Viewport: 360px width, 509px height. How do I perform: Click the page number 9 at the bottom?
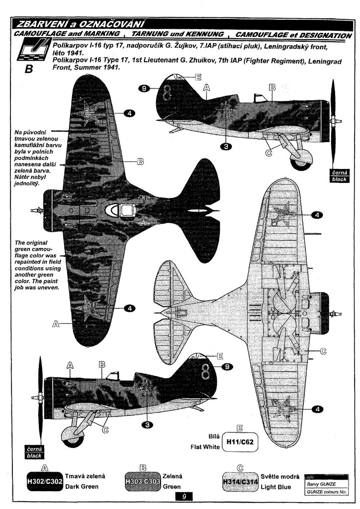184,497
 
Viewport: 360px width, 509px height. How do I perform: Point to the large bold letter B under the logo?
28,69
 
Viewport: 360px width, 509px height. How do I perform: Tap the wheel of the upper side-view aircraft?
301,157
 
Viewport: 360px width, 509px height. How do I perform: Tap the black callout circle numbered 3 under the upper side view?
226,146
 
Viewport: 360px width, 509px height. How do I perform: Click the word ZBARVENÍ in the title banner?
40,24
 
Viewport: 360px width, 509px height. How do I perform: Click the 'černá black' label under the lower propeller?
34,452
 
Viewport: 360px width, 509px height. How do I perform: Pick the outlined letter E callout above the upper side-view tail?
198,77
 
